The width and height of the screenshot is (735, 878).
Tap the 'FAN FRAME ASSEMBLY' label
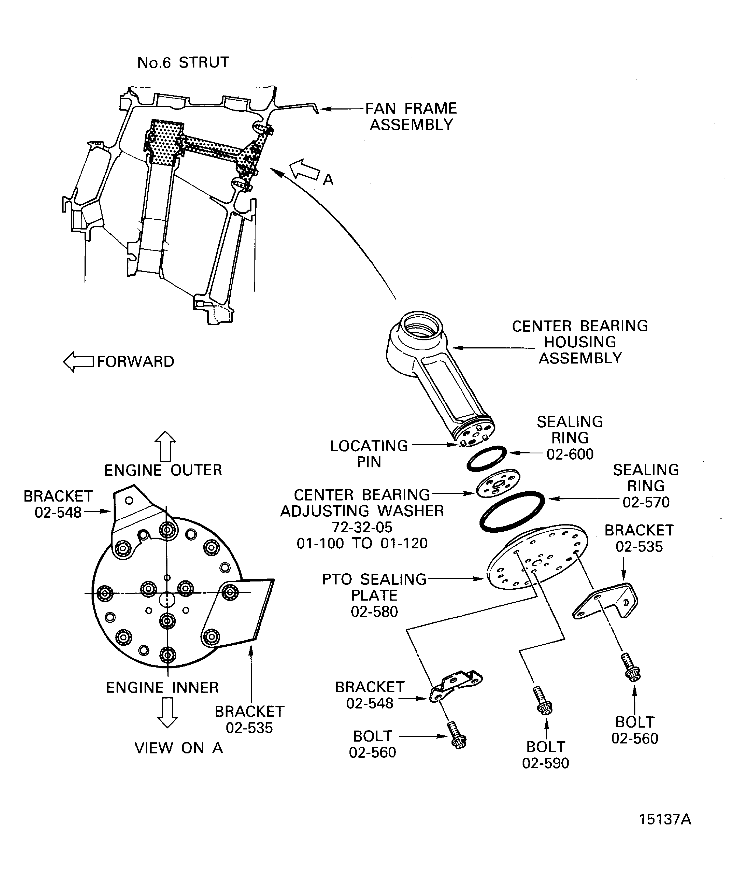click(x=411, y=117)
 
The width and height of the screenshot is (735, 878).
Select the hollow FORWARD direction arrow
click(x=79, y=361)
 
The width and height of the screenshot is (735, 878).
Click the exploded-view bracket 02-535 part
click(x=607, y=602)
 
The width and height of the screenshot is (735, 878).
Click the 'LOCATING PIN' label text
click(x=369, y=454)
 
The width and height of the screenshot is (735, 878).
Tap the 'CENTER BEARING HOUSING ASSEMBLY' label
click(x=580, y=342)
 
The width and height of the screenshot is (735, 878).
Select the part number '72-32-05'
click(x=362, y=527)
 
